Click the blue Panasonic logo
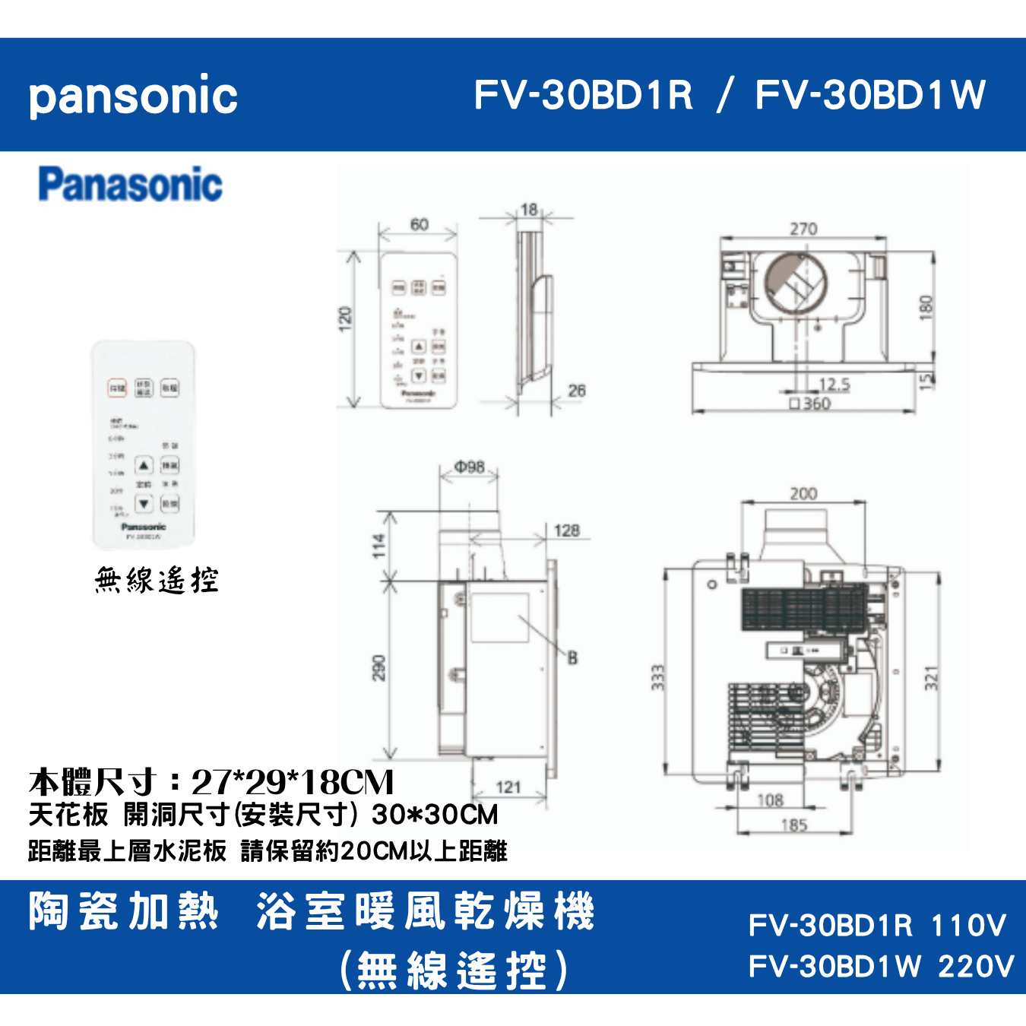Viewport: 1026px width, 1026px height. point(130,185)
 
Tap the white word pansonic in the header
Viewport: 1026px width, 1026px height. point(133,97)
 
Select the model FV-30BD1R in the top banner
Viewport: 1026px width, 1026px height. point(583,95)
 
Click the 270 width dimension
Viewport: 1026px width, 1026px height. point(803,229)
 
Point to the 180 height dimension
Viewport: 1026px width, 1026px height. point(926,306)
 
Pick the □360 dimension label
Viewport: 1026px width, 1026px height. point(810,404)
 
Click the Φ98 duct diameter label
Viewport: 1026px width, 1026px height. point(470,467)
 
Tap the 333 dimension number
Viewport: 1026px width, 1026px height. point(658,677)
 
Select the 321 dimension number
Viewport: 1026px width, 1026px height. point(932,678)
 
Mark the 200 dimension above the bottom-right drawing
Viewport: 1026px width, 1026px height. point(803,494)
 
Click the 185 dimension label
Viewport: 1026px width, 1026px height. point(794,825)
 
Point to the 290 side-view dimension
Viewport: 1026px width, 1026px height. point(378,668)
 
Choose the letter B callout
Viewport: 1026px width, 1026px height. point(572,658)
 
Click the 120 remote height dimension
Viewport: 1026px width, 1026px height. point(345,318)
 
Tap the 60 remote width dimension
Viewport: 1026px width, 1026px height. point(419,224)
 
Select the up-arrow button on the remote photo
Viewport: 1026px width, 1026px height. point(144,465)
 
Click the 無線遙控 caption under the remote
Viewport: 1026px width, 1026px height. point(157,581)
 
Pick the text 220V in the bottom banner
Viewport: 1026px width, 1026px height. point(976,967)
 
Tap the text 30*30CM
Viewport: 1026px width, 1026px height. point(435,815)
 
